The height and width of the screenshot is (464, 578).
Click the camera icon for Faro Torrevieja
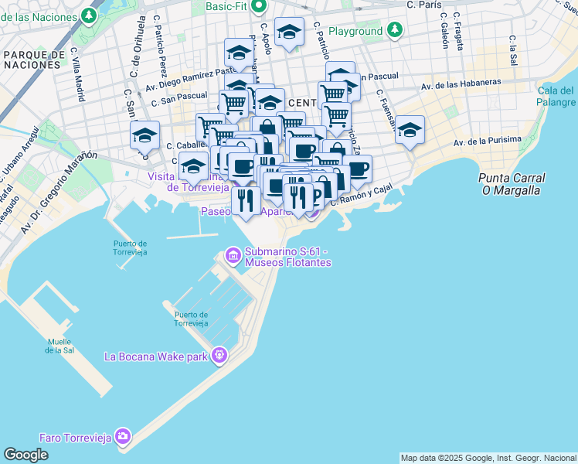click(122, 437)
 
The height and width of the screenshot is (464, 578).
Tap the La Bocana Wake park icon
click(219, 355)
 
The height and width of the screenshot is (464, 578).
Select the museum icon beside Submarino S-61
click(233, 254)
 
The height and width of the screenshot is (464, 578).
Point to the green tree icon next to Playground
click(395, 30)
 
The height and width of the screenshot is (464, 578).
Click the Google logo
click(25, 455)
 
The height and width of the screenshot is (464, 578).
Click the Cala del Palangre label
click(556, 97)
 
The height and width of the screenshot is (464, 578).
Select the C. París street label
click(424, 5)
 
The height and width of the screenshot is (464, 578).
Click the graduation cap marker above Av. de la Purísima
click(410, 129)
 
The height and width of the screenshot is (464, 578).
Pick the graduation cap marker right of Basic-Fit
click(289, 32)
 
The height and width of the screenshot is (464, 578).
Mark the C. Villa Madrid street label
click(78, 75)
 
